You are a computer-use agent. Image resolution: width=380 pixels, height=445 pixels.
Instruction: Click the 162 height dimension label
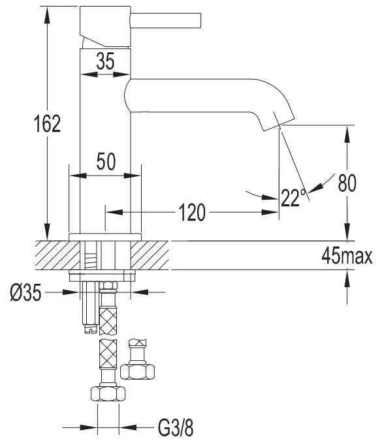48,124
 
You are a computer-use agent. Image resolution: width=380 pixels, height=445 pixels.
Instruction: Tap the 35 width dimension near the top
105,61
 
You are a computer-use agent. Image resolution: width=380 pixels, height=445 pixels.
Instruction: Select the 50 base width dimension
106,161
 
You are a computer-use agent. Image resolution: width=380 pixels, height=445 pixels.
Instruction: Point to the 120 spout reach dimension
192,212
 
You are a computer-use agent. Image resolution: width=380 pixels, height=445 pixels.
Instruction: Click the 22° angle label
294,197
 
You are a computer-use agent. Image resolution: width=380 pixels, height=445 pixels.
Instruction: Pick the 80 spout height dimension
347,183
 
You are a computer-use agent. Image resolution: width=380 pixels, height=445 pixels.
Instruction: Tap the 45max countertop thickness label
347,256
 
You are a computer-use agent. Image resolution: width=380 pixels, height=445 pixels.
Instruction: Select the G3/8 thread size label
176,427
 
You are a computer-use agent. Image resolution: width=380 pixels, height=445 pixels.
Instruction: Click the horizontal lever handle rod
166,20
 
